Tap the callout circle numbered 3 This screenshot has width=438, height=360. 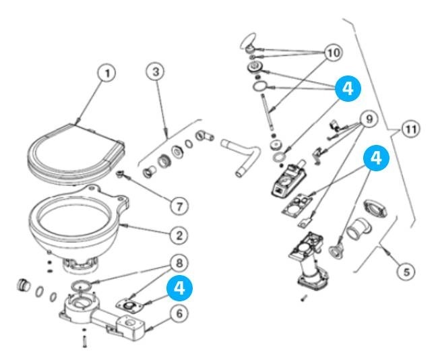coord(155,72)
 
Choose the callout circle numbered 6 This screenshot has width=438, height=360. coord(179,313)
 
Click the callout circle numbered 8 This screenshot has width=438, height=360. coord(178,261)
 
